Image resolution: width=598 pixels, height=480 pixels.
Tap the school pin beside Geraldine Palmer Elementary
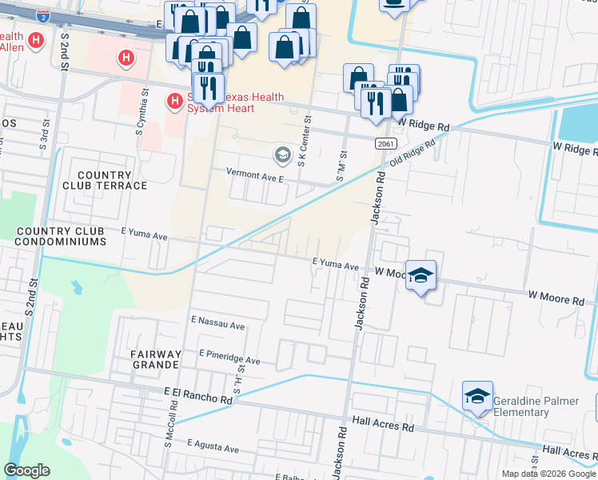[x=477, y=396]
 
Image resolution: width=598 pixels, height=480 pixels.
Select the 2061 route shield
[x=385, y=142]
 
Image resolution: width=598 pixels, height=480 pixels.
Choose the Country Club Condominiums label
[x=62, y=236]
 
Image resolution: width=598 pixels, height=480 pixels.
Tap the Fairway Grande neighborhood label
[x=156, y=359]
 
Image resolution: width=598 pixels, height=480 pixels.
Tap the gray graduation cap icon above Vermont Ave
[x=281, y=154]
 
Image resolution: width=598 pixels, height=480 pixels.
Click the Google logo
[x=27, y=470]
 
